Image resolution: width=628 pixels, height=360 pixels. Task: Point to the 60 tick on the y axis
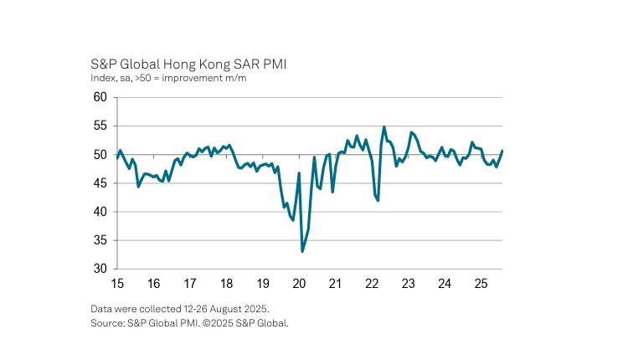click(100, 97)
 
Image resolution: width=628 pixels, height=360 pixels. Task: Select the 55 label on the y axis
click(100, 126)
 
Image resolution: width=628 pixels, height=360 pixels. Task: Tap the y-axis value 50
click(100, 155)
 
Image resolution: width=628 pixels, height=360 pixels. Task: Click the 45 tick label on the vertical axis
click(100, 183)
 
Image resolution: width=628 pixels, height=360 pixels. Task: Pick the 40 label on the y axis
click(100, 212)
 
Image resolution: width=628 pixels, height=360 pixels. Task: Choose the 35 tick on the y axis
click(100, 241)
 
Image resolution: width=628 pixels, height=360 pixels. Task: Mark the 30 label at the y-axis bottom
click(100, 270)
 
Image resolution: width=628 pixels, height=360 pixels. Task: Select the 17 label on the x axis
click(190, 283)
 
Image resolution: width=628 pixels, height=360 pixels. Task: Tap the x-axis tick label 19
click(263, 283)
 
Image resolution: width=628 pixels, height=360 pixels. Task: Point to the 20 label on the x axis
click(299, 283)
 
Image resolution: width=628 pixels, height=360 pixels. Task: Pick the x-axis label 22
click(372, 283)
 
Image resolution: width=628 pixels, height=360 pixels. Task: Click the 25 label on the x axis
click(481, 283)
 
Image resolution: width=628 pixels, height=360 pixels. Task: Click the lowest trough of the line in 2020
click(302, 250)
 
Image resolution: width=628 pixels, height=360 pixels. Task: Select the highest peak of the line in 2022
click(384, 127)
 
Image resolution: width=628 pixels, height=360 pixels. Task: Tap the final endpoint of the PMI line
click(502, 151)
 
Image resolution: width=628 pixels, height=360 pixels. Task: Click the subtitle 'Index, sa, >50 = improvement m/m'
click(168, 79)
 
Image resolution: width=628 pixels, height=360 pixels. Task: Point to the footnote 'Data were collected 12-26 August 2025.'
click(180, 309)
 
